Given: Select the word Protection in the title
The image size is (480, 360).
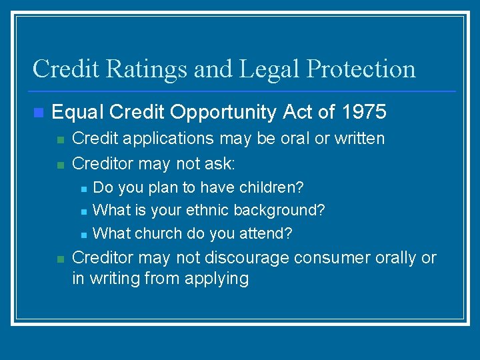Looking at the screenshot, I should tap(361, 69).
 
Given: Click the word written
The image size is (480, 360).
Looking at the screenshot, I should tap(358, 139).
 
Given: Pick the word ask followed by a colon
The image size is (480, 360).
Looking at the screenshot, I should tap(222, 163).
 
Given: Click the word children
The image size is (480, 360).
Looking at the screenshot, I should tap(271, 187).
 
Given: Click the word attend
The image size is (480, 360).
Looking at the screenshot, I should tap(266, 233).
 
